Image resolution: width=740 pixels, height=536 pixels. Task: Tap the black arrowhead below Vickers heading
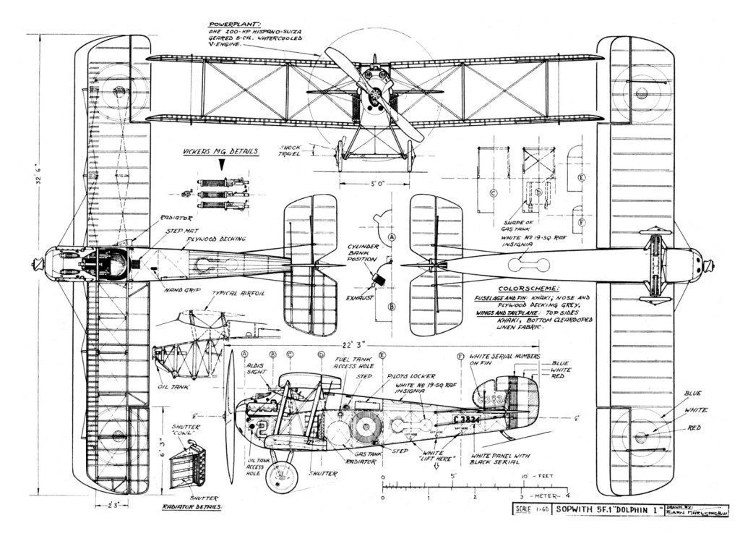(x=223, y=164)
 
